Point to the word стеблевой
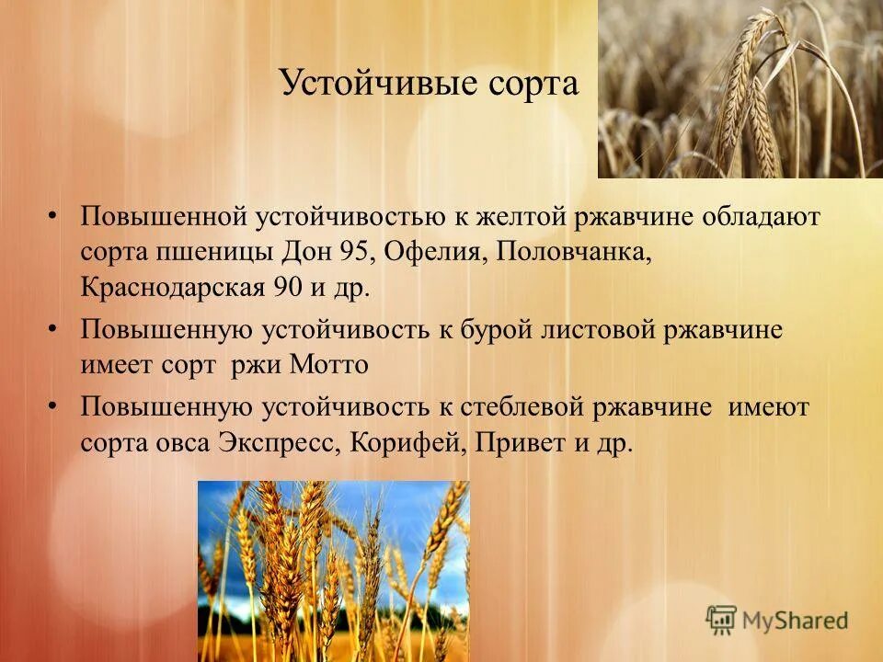(543, 408)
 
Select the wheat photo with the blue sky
(333, 570)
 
